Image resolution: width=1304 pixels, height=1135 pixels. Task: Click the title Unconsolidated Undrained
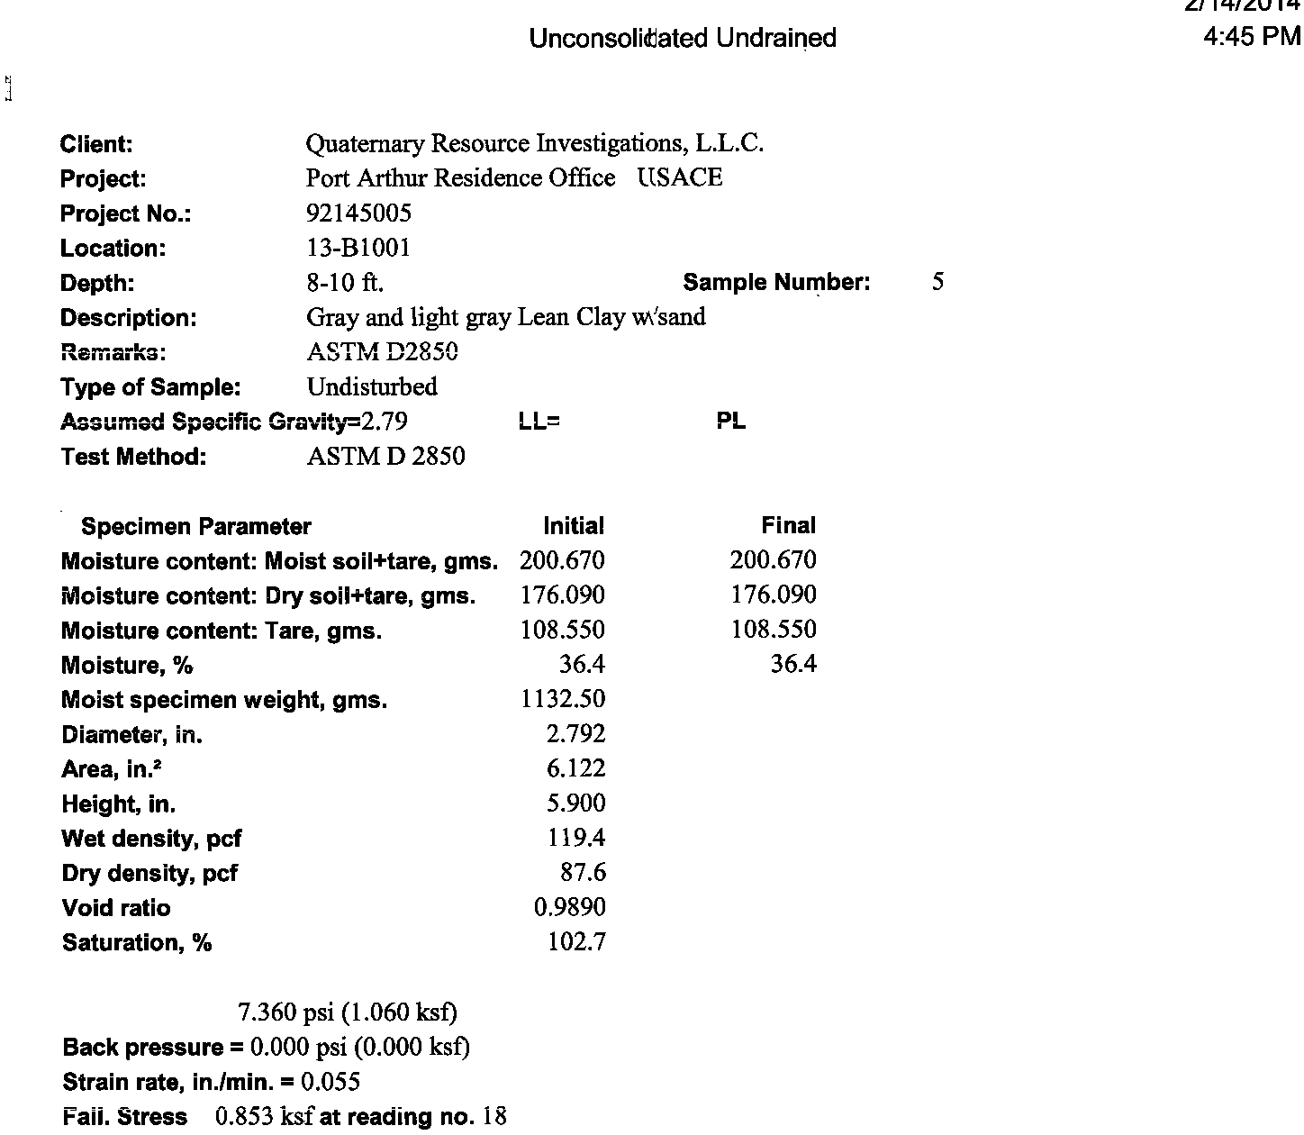(683, 38)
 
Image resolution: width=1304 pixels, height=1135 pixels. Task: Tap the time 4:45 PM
(1252, 36)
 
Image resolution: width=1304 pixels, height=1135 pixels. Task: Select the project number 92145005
(358, 213)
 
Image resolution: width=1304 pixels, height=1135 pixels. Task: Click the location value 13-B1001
(358, 248)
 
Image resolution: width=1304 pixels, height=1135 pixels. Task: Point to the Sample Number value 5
(937, 282)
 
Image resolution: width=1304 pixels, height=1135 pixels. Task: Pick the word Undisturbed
(372, 386)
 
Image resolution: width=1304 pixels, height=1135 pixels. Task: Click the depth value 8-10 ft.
(345, 283)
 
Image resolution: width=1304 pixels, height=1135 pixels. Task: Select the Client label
(96, 144)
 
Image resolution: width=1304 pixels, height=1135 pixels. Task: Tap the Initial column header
(574, 526)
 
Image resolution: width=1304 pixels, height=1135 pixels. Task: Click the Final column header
(788, 526)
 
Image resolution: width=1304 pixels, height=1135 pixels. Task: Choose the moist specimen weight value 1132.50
(563, 699)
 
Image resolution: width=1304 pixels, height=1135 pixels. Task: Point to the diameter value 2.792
(575, 734)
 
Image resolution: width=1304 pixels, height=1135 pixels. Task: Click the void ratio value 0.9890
(569, 907)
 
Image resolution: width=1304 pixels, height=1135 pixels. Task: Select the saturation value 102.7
(576, 942)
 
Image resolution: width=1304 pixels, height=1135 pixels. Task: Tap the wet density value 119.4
(576, 838)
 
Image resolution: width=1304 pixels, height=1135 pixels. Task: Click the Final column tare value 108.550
(774, 629)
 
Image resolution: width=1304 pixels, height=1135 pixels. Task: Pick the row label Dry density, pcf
(149, 873)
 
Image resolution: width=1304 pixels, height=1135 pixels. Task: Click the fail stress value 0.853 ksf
(264, 1117)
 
